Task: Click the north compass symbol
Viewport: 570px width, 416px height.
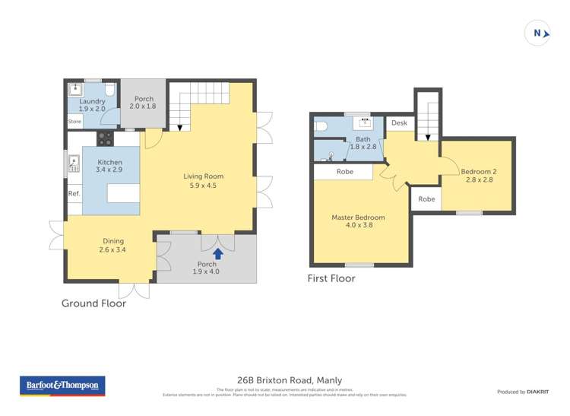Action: [537, 33]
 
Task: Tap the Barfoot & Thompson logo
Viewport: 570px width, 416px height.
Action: [63, 386]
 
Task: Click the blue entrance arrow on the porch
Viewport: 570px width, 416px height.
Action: [218, 253]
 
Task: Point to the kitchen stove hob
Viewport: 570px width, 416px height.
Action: [105, 138]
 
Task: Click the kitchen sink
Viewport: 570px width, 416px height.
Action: [74, 162]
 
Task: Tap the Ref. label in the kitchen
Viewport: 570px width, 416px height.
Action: [74, 194]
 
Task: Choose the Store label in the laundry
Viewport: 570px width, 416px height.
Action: [74, 121]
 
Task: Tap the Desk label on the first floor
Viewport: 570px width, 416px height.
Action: [400, 122]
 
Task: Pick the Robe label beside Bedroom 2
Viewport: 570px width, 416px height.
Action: [426, 199]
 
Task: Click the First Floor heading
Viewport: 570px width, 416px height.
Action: [331, 278]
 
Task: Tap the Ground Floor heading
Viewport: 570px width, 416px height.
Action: [93, 303]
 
